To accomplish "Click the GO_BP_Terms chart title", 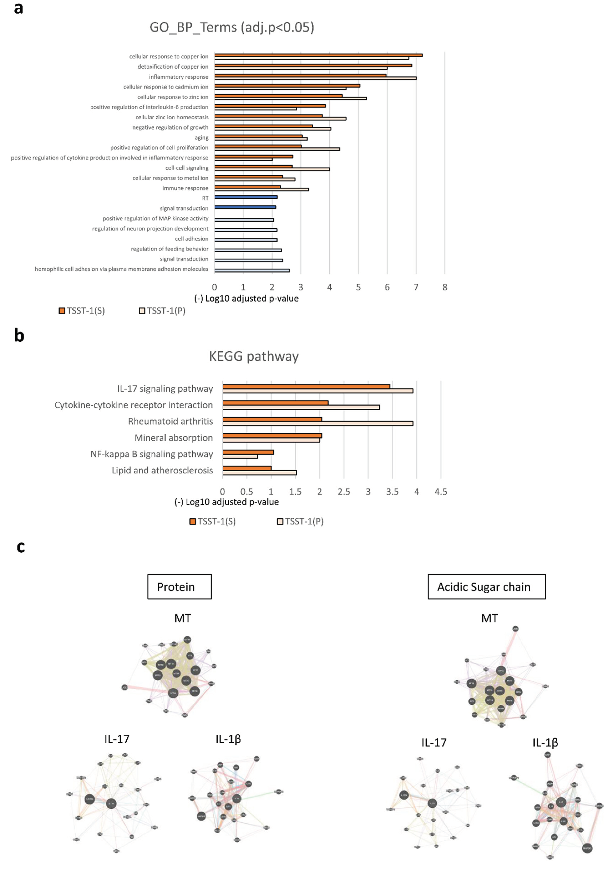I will pos(232,27).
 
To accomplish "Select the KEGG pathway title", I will pos(254,356).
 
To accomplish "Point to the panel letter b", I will pos(19,336).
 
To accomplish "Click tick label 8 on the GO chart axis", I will pos(445,288).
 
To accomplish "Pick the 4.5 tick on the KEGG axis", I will pos(440,492).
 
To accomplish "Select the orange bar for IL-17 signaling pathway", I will pos(306,386).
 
